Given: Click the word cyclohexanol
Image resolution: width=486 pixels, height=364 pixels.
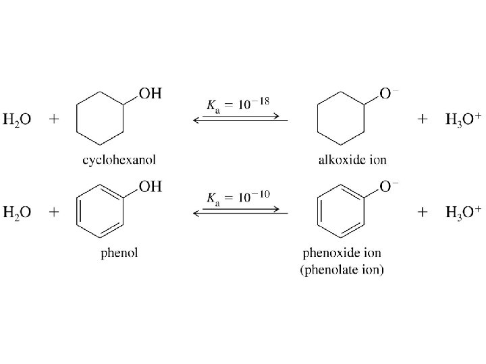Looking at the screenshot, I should (119, 160).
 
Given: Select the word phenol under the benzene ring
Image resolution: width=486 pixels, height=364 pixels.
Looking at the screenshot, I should (119, 253).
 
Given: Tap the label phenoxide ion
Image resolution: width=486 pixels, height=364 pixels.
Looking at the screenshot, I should (342, 253).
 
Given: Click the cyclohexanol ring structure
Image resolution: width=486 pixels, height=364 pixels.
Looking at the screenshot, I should (101, 119).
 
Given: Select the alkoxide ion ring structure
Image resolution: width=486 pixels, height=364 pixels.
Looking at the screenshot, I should (341, 119).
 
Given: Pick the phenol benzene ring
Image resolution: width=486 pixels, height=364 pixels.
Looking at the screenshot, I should (101, 212).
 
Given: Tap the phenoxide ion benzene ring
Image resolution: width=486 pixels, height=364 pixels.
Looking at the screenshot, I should (341, 212).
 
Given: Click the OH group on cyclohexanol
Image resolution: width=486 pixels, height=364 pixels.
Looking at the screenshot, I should (151, 94).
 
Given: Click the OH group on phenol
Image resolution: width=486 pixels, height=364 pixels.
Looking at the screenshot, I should (151, 187).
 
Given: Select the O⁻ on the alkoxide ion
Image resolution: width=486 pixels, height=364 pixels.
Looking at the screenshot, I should (385, 94).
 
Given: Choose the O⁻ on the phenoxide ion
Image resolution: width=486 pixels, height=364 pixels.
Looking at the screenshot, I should (385, 187).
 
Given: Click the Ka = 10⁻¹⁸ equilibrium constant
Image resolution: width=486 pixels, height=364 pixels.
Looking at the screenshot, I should (237, 104).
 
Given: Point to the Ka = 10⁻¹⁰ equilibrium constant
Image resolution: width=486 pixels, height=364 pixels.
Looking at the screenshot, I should (237, 198).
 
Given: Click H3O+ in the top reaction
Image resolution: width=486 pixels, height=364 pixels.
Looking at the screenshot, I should (463, 120).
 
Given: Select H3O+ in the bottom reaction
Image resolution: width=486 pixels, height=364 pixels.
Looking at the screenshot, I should (463, 213).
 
